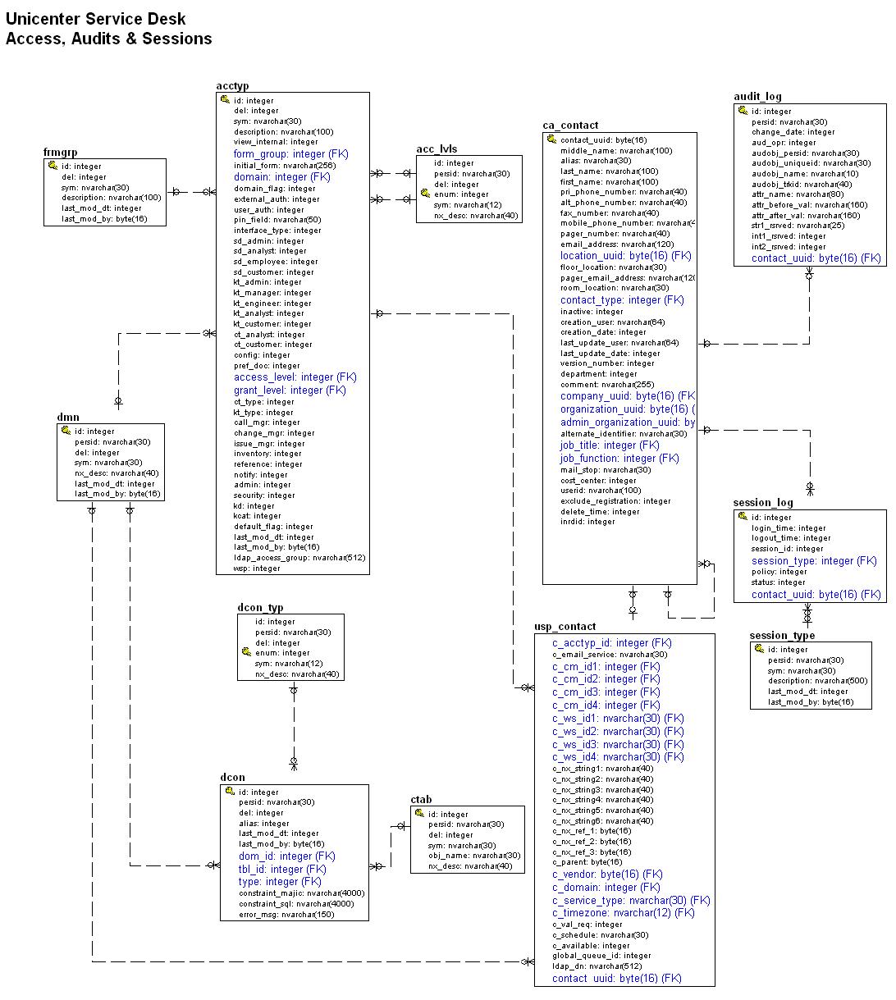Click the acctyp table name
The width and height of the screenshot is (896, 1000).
click(232, 86)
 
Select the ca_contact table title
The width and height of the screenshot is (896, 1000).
click(570, 126)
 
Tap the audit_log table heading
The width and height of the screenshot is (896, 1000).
click(757, 97)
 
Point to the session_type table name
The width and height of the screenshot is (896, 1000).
click(782, 636)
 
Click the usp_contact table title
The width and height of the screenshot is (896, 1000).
click(565, 627)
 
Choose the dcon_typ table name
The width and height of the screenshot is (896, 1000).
click(260, 608)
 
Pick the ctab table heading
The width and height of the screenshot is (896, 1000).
click(421, 800)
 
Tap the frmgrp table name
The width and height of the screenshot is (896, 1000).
click(60, 153)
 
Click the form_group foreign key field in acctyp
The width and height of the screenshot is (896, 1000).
click(290, 154)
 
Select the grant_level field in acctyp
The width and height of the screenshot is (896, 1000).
click(290, 390)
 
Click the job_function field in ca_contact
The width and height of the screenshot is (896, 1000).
click(619, 459)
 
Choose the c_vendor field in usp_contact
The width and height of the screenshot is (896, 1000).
click(607, 874)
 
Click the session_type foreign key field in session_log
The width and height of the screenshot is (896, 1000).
click(814, 561)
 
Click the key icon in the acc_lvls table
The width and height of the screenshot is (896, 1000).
click(425, 194)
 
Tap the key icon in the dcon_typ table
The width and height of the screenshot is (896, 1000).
click(246, 652)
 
